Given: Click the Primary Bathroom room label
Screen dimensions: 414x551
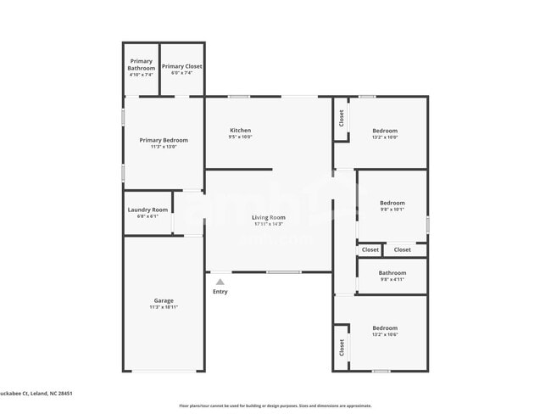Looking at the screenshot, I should point(141,64).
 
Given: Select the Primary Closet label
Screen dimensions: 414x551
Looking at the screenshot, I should point(182,66).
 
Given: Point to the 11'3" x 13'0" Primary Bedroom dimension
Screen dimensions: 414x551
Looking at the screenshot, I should point(164,147).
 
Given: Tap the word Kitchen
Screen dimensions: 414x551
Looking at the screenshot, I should point(240,130).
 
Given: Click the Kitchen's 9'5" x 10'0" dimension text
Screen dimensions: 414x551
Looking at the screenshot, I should point(240,137).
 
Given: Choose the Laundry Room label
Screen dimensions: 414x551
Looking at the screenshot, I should point(147,210).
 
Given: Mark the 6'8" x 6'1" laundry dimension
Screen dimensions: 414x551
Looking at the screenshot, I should point(147,216).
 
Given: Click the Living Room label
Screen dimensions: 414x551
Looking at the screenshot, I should point(269,217).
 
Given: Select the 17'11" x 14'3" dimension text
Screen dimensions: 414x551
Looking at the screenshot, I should point(269,225).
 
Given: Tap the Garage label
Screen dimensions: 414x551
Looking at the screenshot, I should point(164,300).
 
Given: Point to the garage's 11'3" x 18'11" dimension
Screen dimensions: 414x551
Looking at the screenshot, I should point(164,307).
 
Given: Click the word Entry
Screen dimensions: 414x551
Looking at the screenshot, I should point(220,292).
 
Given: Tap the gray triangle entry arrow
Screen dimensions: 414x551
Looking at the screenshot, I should point(220,282).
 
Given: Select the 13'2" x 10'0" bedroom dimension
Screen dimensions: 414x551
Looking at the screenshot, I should point(385,137).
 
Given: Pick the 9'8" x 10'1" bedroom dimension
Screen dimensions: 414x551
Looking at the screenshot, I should point(392,210).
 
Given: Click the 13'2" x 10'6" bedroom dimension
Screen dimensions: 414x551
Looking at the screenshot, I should point(385,334).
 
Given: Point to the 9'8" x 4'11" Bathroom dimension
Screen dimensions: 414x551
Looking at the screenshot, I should point(392,279).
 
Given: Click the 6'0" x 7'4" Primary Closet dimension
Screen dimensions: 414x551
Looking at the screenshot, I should point(182,73).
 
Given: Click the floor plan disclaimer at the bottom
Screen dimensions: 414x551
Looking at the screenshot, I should point(275,406).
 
